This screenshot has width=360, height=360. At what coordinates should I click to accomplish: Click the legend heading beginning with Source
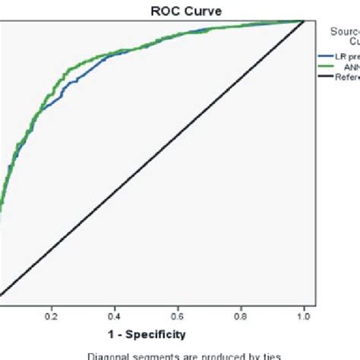click(x=345, y=31)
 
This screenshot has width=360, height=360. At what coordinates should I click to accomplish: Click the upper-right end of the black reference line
click(x=304, y=21)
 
